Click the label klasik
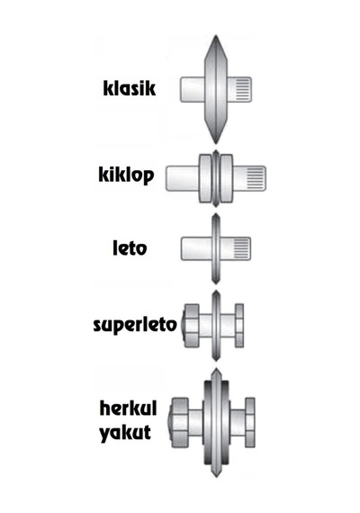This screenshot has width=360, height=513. tap(130, 88)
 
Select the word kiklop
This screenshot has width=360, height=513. tap(126, 175)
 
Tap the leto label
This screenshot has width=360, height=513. tap(130, 247)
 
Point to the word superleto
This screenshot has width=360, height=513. tap(135, 325)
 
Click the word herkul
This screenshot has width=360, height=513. tap(128, 408)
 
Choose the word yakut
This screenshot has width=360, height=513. tap(125, 433)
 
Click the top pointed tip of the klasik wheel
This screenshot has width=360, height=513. tap(216, 35)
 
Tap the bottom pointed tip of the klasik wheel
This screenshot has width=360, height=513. tap(216, 143)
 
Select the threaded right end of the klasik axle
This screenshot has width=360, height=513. tap(239, 89)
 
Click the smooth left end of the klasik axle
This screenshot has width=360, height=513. tap(193, 89)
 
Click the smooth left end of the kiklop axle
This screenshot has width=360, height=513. tap(183, 178)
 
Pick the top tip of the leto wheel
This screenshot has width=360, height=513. tap(216, 214)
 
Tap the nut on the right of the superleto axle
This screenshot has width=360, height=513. tap(239, 326)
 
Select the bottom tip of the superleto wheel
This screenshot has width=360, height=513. tap(216, 361)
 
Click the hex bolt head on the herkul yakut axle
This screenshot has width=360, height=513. tap(179, 423)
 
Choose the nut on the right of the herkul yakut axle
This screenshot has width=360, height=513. tap(250, 423)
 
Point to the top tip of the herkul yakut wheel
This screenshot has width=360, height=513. tap(216, 368)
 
